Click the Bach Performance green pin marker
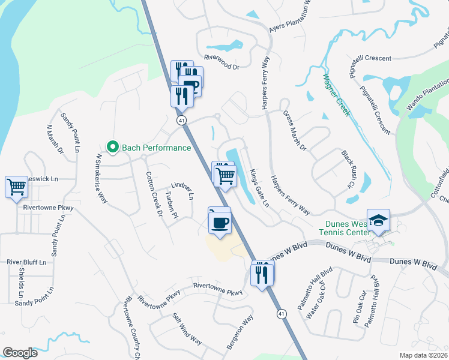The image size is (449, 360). (112, 146)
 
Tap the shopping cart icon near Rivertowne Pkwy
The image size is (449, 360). (16, 187)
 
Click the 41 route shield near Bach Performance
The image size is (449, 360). (181, 121)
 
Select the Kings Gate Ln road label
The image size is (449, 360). (259, 188)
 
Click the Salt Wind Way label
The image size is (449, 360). (187, 328)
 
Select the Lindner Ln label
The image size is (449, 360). (182, 190)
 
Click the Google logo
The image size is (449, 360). (20, 353)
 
